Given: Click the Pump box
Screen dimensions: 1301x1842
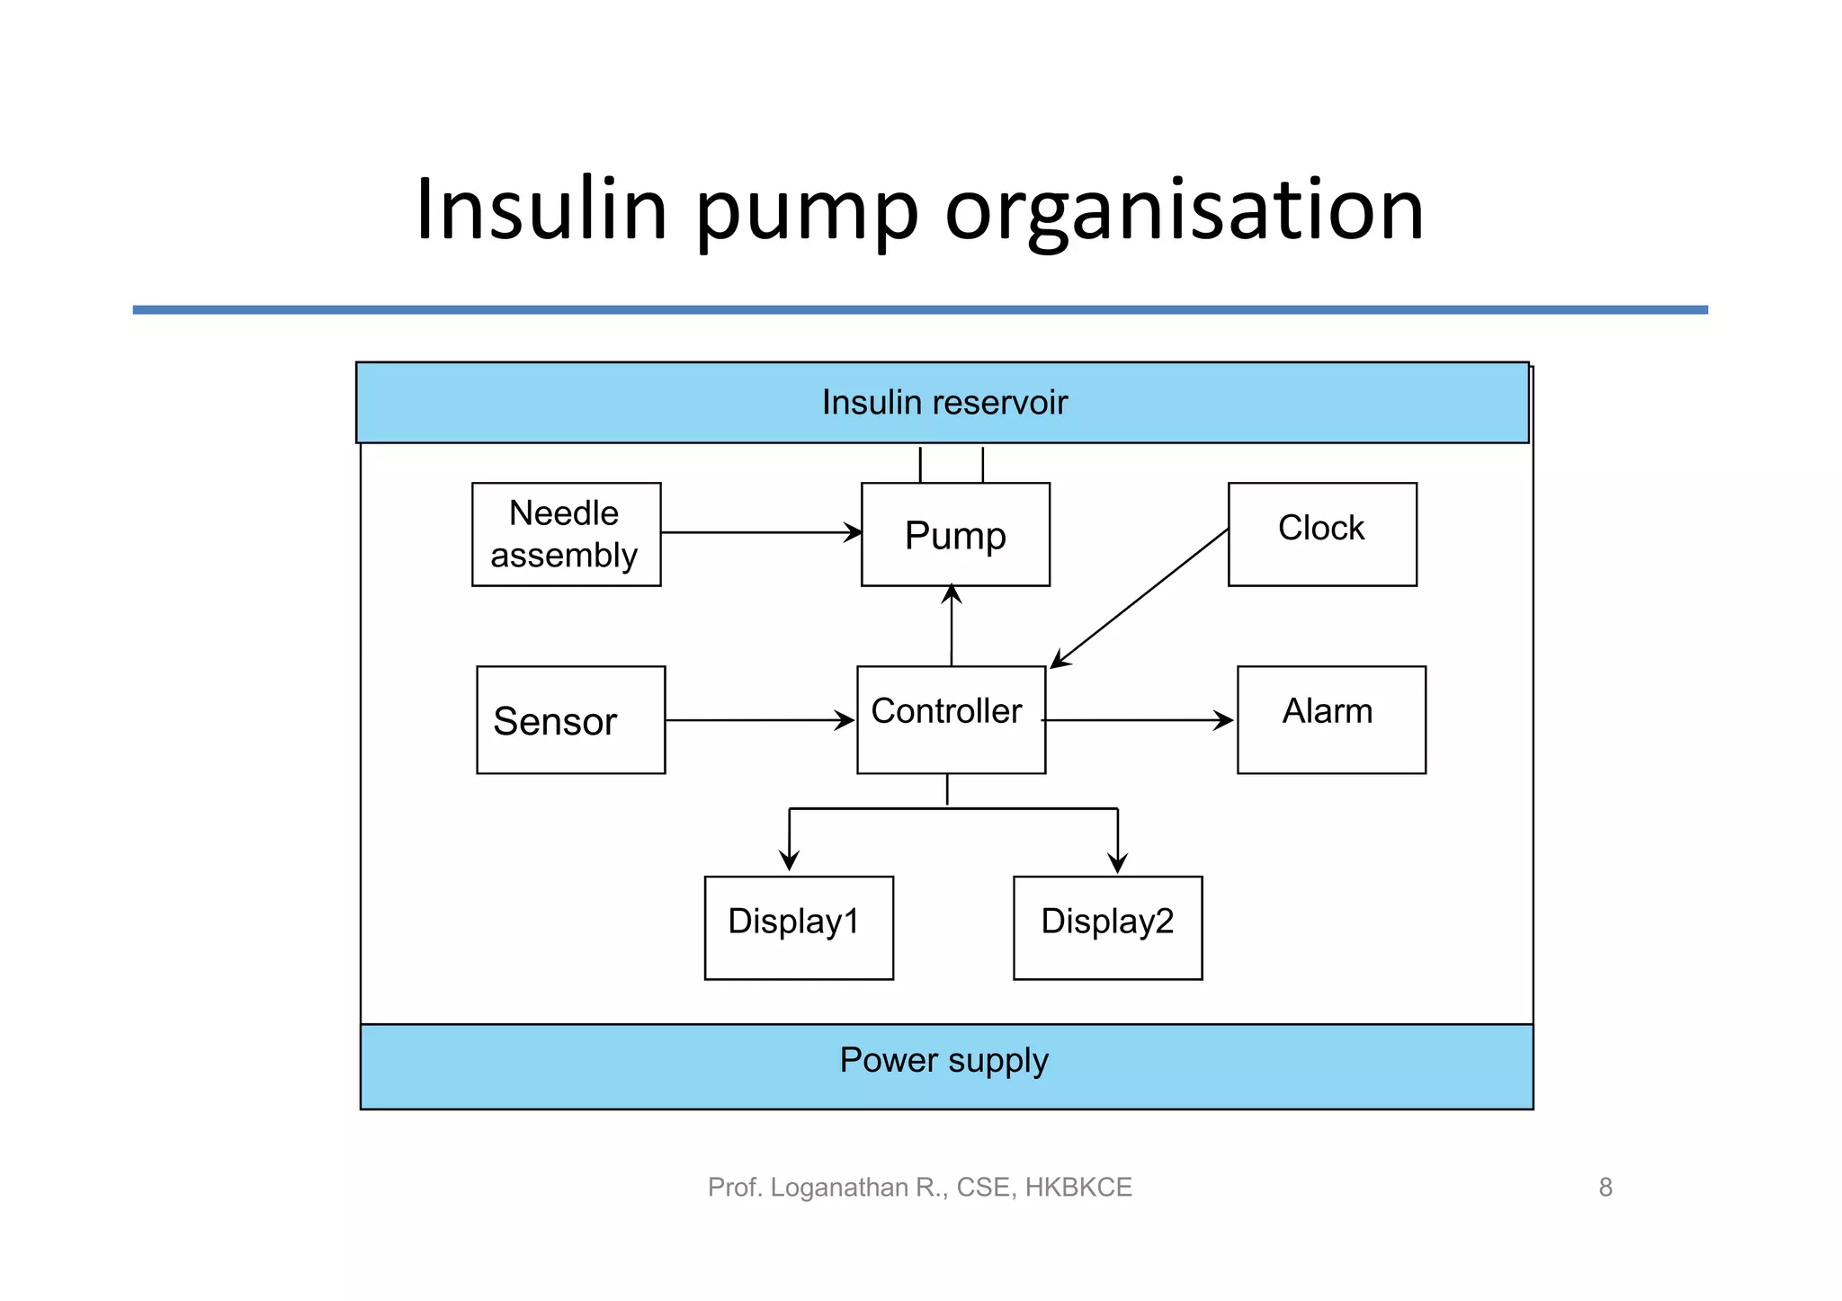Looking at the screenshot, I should pos(955,535).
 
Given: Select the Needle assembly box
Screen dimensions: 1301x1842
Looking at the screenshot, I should pos(566,535).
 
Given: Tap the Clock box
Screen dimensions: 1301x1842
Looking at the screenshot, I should pos(1322,535).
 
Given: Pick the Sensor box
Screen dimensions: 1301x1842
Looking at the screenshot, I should pos(570,720).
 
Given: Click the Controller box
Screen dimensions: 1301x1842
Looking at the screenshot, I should pos(951,720).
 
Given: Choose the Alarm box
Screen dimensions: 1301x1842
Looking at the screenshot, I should pos(1331,720).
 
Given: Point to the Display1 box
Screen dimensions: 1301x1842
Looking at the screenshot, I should pos(799,928).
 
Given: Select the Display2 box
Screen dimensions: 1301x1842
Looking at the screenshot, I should pos(1107,928).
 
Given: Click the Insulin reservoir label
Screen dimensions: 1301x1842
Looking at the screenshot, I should pos(944,403).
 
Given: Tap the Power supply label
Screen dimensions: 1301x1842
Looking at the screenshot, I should pos(944,1061).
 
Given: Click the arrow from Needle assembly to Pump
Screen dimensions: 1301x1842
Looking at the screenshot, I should pos(760,532).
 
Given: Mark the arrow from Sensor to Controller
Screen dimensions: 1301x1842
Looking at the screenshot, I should pos(760,720).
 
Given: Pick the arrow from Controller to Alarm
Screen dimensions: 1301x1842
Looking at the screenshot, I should pos(1138,720).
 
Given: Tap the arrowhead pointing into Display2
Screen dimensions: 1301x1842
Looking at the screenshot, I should pos(1118,863).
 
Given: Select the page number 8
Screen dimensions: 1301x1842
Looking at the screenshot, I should pos(1605,1188).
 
